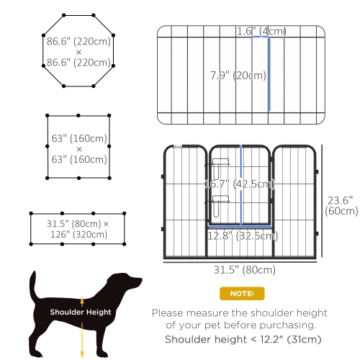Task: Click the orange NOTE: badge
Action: point(241,293)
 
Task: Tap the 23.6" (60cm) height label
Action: point(341,206)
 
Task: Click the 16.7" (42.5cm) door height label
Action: point(239,183)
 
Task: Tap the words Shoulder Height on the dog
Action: point(81,312)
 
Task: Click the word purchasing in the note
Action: point(295,325)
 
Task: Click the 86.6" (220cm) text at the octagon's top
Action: point(78,42)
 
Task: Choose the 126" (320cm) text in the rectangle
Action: point(78,235)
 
